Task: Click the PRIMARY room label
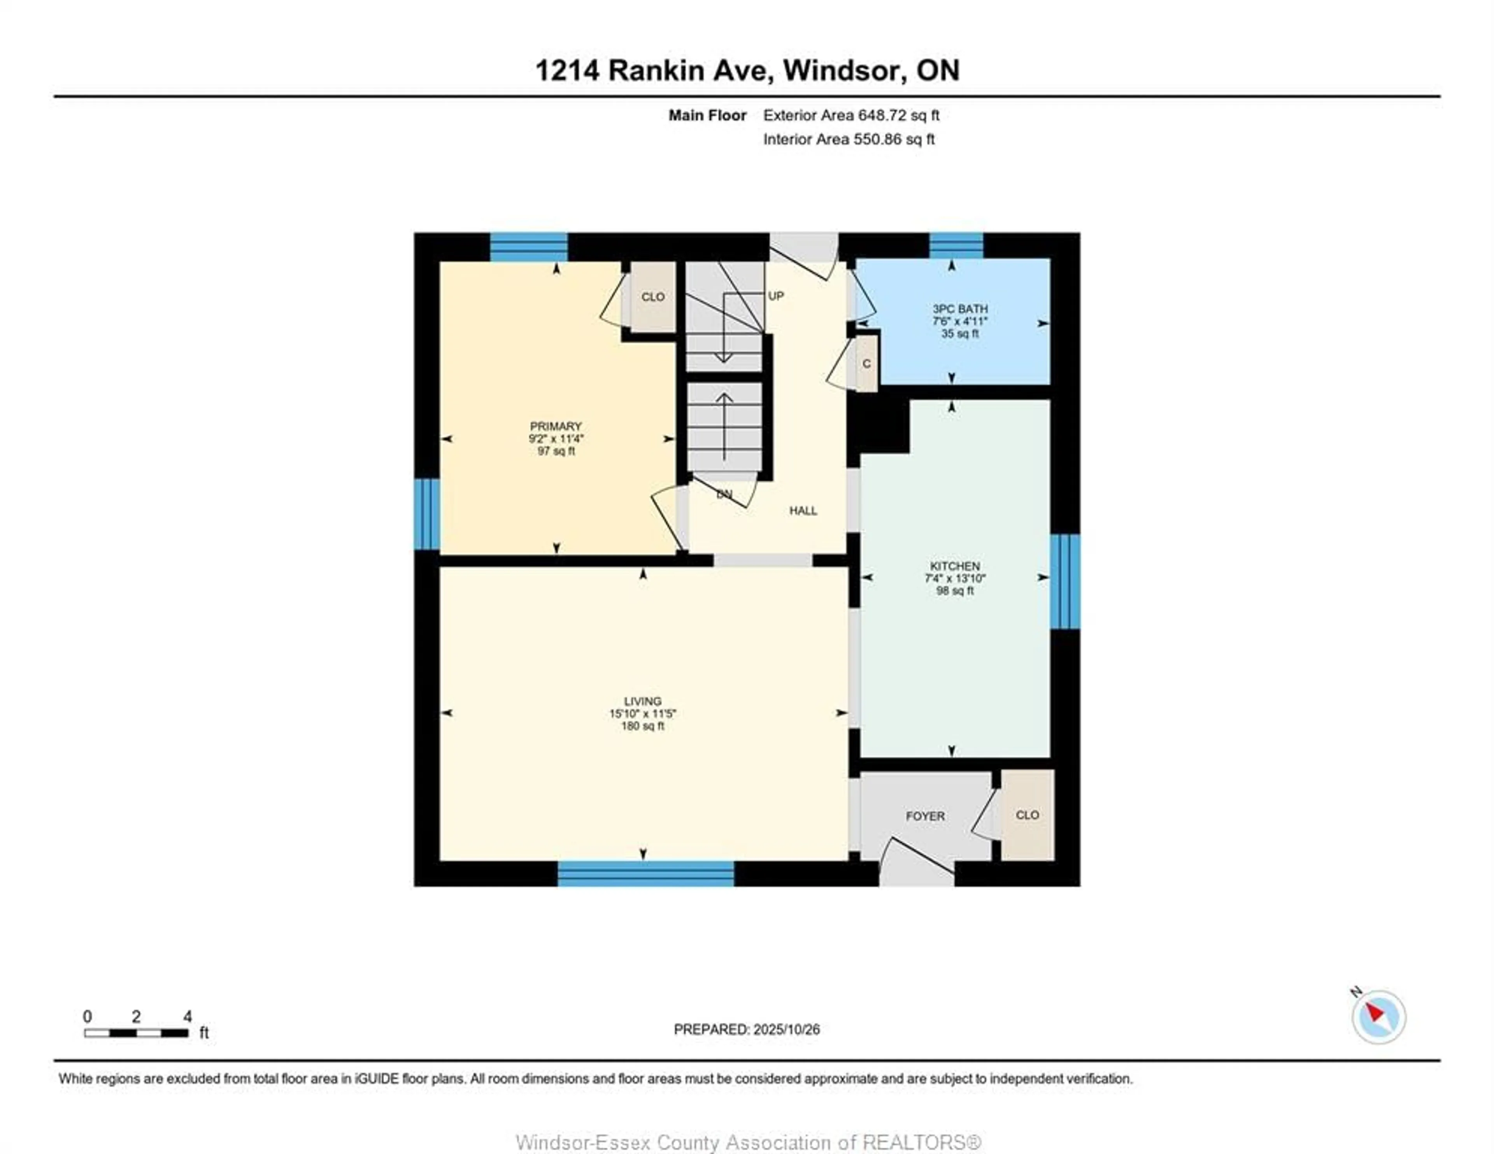pyautogui.click(x=556, y=426)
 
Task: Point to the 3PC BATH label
pyautogui.click(x=960, y=308)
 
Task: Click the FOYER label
pyautogui.click(x=925, y=816)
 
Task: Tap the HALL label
pyautogui.click(x=803, y=510)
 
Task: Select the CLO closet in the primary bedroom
pyautogui.click(x=652, y=296)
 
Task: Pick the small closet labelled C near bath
pyautogui.click(x=867, y=363)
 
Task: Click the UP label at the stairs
pyautogui.click(x=776, y=296)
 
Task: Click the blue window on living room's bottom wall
pyautogui.click(x=646, y=874)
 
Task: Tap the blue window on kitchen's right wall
pyautogui.click(x=1064, y=581)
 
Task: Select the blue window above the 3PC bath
pyautogui.click(x=956, y=245)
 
